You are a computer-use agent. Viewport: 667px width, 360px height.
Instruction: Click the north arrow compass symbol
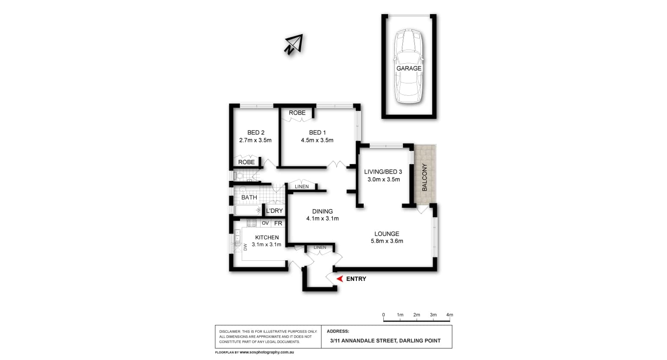(x=294, y=44)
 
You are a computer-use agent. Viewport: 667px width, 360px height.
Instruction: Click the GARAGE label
(x=409, y=68)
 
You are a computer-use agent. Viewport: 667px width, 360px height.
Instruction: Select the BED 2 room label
(x=255, y=133)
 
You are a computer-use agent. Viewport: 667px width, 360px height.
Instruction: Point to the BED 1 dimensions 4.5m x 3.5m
(x=317, y=140)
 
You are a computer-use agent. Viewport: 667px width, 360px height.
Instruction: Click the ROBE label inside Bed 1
(x=297, y=113)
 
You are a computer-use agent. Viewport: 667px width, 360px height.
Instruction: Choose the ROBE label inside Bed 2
(x=246, y=162)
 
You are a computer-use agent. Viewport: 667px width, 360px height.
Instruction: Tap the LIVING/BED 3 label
(x=383, y=172)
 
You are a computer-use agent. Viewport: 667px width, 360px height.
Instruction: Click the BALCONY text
(x=424, y=177)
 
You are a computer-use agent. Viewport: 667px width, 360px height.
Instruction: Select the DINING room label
(x=322, y=211)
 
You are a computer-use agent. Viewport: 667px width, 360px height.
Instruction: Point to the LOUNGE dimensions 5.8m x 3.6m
(x=387, y=241)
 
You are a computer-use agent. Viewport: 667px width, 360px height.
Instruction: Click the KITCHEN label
(x=267, y=237)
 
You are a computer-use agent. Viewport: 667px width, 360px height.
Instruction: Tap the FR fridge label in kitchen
(x=278, y=223)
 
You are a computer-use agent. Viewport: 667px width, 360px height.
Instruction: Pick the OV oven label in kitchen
(x=265, y=223)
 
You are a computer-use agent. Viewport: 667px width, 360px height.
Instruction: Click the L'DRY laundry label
(x=274, y=211)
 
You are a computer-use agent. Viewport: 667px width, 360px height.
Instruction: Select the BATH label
(x=249, y=198)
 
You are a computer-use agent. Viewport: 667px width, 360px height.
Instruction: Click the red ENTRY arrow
(x=340, y=279)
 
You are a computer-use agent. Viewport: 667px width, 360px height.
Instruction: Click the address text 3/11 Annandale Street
(x=385, y=341)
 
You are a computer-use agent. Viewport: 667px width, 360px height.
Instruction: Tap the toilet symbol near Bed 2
(x=239, y=175)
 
